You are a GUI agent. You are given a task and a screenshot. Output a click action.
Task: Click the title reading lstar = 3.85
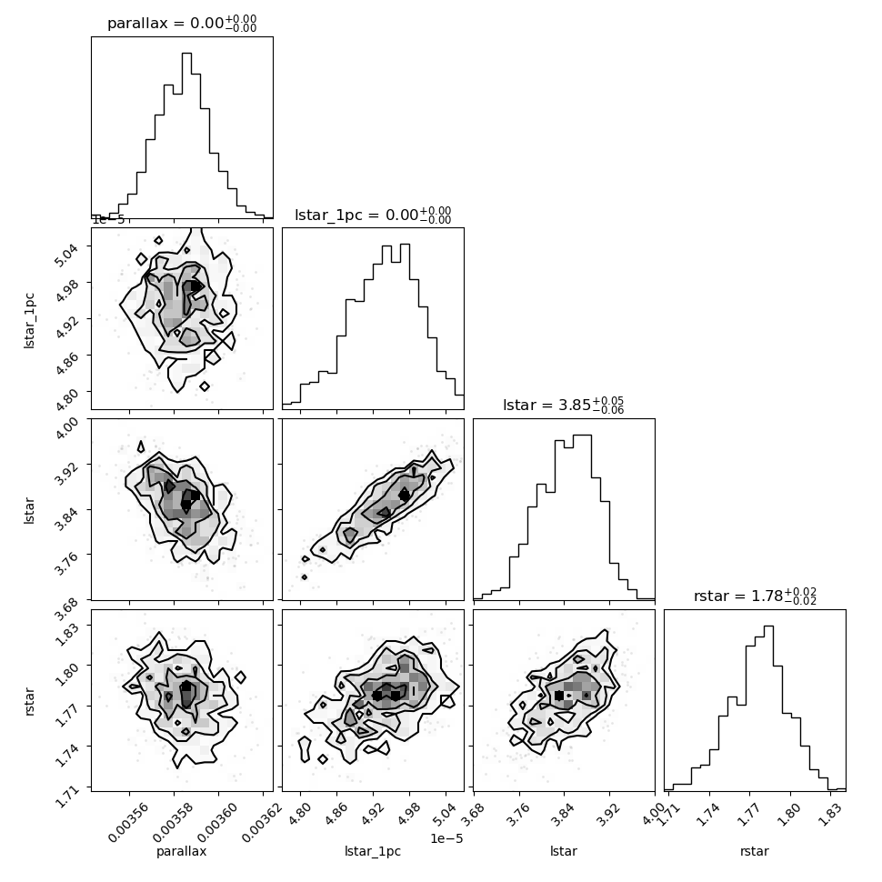(x=563, y=405)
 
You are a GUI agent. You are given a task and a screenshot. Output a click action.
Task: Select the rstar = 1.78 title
(x=755, y=596)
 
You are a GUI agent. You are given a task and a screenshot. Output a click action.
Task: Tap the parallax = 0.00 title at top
(x=182, y=23)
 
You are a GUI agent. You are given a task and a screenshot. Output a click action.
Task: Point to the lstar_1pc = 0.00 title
(x=373, y=215)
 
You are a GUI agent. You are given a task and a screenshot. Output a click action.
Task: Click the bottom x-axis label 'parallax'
(x=181, y=851)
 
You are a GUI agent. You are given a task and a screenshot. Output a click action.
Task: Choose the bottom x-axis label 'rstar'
(x=755, y=851)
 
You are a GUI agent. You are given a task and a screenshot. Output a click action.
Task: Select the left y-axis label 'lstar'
(x=29, y=510)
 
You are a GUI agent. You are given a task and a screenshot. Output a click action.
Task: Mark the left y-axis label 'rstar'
(x=29, y=701)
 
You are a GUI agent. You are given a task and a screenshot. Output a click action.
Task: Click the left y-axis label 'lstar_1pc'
(x=29, y=320)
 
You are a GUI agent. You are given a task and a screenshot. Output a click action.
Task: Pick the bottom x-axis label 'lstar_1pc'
(x=373, y=851)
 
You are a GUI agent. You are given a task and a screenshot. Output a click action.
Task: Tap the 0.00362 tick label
(x=262, y=823)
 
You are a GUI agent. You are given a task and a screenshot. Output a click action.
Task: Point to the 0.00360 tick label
(x=217, y=823)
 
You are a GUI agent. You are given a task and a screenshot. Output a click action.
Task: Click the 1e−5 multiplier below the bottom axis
(x=446, y=838)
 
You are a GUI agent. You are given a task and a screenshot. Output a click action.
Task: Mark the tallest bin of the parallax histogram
(x=186, y=135)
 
